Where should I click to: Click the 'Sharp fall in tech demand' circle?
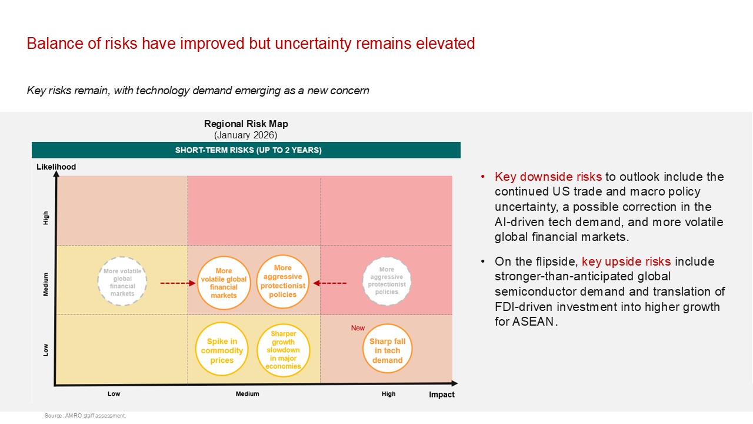point(387,349)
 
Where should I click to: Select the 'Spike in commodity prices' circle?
point(222,349)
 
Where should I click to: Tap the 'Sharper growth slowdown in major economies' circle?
point(283,350)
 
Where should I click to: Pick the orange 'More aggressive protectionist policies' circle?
point(283,281)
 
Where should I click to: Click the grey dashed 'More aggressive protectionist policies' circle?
point(387,281)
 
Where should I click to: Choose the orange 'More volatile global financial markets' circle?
point(224,283)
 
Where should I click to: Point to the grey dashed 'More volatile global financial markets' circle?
point(122,281)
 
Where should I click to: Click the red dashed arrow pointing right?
point(178,283)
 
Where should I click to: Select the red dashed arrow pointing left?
point(330,283)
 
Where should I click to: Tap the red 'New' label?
point(358,328)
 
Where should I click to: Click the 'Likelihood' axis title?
point(56,167)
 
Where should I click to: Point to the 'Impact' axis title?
point(442,395)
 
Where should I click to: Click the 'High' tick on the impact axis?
point(389,394)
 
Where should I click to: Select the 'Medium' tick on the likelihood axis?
point(46,284)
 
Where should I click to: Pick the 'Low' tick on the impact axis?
point(114,394)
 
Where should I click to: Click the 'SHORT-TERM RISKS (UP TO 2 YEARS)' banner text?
point(248,150)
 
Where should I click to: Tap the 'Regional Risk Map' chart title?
point(246,124)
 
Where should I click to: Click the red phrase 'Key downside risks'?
point(548,177)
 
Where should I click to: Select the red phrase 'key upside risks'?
point(627,261)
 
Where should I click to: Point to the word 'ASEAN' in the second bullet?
point(533,322)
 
